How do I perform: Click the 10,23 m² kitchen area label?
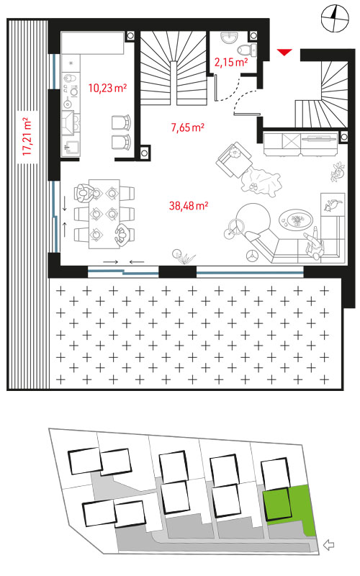pos(107,88)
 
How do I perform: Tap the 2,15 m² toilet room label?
pos(231,62)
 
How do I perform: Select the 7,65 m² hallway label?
pos(188,127)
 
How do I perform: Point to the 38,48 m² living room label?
pos(189,206)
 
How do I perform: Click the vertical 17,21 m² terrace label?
pos(27,137)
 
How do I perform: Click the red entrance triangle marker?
pos(284,53)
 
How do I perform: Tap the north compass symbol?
pos(334,19)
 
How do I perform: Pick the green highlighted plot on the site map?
pos(290,505)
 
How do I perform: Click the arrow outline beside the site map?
pos(329,545)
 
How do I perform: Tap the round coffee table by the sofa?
pos(296,220)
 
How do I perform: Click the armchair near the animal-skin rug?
pos(235,159)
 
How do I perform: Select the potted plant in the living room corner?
pos(338,171)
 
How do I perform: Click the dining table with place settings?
pos(104,214)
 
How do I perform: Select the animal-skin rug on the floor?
pos(260,180)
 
